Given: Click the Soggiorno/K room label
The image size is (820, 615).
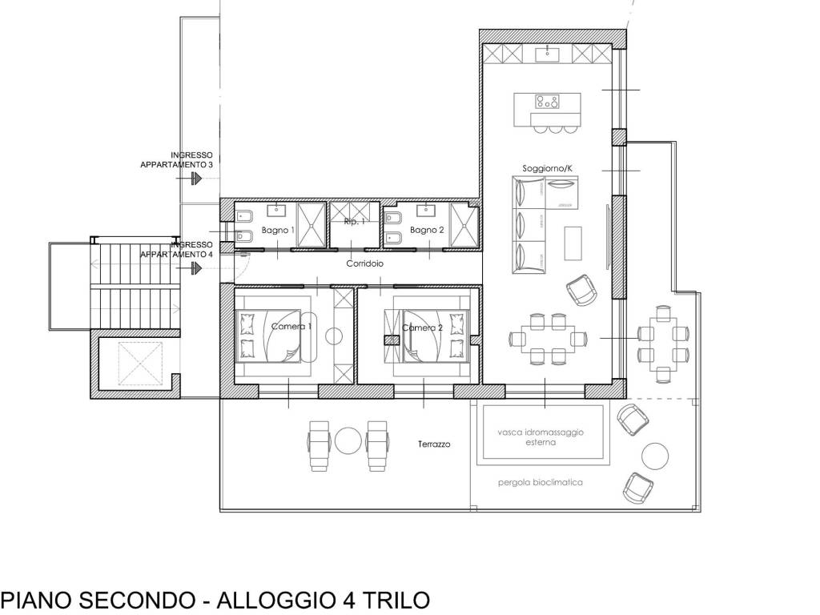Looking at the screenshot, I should click(x=547, y=168).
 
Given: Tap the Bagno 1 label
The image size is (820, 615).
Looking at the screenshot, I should click(x=282, y=230).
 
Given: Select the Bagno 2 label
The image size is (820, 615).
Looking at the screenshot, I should click(x=427, y=230).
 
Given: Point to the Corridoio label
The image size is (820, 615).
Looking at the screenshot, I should click(x=365, y=263).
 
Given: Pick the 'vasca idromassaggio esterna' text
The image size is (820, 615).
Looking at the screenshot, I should click(x=540, y=436).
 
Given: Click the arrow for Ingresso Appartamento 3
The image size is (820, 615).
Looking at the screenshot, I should click(x=195, y=181).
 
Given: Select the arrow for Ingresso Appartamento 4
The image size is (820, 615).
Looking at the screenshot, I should click(x=195, y=269).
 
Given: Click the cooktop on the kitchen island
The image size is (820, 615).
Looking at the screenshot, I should click(x=548, y=102).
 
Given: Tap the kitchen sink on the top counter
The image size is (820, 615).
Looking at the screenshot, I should click(x=549, y=54).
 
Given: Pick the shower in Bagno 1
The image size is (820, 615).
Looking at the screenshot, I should click(x=311, y=227).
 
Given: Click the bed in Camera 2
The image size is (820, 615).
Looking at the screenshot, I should click(x=432, y=336).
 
